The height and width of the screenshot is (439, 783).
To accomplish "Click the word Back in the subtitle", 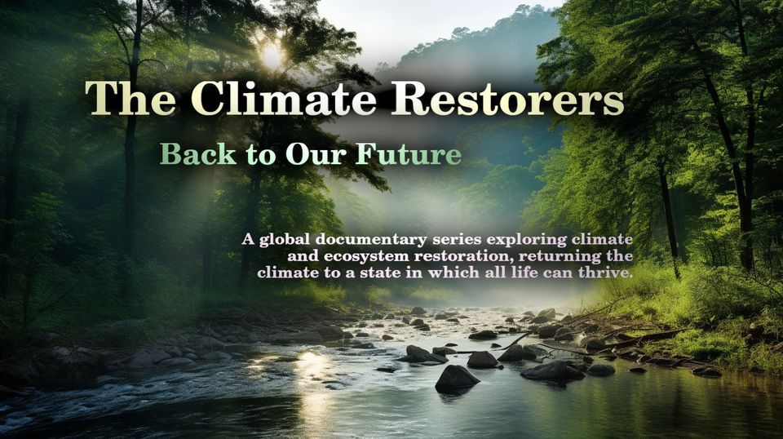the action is [x=198, y=154].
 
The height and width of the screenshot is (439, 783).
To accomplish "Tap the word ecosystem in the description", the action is [x=364, y=256].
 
